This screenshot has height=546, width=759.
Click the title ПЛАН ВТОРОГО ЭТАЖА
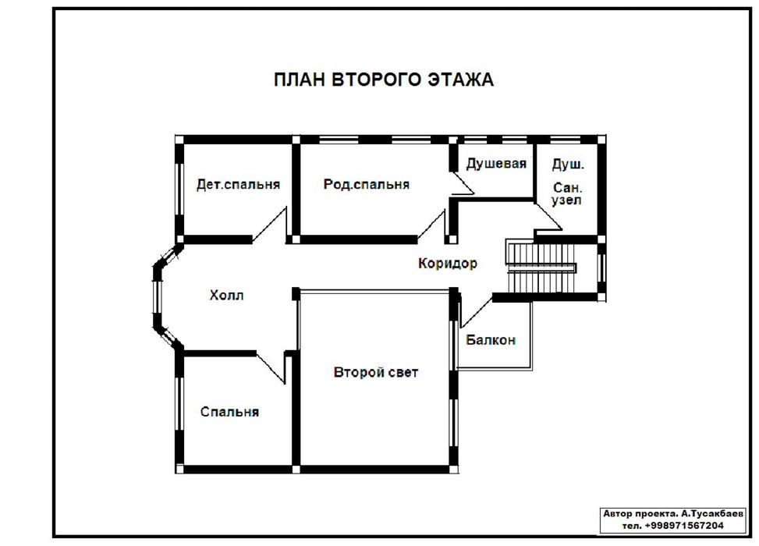(x=383, y=80)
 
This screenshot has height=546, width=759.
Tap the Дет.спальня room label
(x=238, y=184)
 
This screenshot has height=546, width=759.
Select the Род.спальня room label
(x=367, y=184)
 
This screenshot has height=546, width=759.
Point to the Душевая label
(x=496, y=164)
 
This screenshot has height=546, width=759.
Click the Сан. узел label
(x=567, y=193)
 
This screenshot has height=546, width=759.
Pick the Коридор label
(x=448, y=264)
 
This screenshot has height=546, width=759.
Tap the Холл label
(x=226, y=296)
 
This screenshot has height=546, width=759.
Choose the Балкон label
(x=491, y=340)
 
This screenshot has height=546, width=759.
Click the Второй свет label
(x=376, y=372)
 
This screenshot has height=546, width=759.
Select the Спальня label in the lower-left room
(x=229, y=412)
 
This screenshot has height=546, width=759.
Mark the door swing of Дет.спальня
(x=270, y=225)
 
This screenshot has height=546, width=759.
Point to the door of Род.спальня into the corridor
(x=431, y=226)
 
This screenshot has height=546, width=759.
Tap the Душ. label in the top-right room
(x=568, y=165)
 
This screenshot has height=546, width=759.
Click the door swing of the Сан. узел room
(x=548, y=217)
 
